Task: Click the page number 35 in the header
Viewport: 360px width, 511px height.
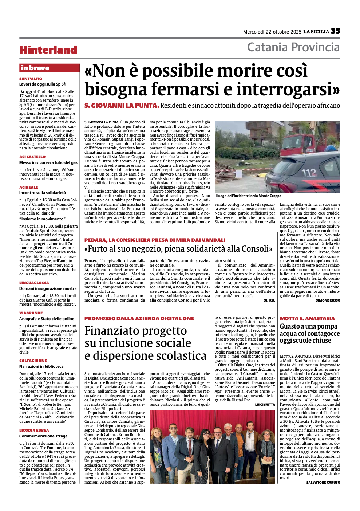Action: pos(335,31)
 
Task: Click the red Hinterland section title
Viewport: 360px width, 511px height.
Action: pos(48,50)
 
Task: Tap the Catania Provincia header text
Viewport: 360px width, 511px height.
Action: pos(293,47)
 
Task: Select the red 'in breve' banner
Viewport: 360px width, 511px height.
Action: pos(49,68)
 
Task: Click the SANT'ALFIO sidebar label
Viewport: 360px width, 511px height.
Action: pos(31,79)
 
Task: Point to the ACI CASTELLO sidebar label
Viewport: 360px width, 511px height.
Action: pos(32,157)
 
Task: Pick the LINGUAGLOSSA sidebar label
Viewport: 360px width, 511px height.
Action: pos(34,283)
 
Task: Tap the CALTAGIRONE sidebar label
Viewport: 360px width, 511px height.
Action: pos(33,361)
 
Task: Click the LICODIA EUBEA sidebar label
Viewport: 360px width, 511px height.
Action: pos(34,430)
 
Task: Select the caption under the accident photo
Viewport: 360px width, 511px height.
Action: pos(248,196)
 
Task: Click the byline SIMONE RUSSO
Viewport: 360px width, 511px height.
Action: pos(328,300)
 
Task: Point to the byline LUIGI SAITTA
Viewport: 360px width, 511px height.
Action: pos(265,405)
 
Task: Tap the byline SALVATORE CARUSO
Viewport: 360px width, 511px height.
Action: pos(323,483)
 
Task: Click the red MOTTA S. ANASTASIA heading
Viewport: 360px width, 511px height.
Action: pos(307,318)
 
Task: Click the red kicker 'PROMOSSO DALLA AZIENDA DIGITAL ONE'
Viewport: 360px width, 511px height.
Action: pos(139,318)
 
